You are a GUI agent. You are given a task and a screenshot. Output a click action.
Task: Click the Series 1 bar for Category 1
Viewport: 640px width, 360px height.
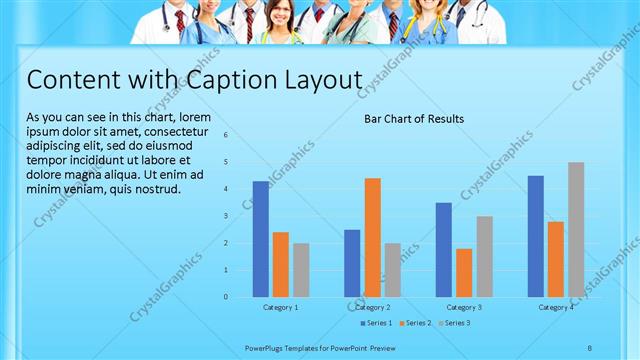point(260,239)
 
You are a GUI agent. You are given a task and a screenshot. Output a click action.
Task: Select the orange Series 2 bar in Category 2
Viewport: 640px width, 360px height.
point(372,237)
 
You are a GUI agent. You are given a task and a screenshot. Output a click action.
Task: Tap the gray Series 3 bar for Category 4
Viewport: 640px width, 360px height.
point(576,229)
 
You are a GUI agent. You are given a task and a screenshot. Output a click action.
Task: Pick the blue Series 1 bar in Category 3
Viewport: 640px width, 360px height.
point(443,250)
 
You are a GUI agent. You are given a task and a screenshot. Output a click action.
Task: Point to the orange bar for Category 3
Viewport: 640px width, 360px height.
point(464,272)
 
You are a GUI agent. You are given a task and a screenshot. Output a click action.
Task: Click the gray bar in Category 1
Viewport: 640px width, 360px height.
point(301,270)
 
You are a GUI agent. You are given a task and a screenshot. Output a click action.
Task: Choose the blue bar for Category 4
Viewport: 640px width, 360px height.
point(535,236)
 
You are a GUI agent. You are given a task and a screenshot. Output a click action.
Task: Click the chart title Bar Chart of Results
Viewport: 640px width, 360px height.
point(413,119)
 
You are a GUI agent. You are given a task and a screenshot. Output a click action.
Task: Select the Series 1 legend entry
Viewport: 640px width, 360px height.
point(376,323)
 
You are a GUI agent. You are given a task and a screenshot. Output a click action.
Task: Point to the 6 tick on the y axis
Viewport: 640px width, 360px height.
point(227,135)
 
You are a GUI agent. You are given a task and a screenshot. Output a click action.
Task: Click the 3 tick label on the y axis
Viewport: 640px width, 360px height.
point(227,216)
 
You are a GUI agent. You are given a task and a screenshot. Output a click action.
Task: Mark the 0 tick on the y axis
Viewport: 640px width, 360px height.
point(227,297)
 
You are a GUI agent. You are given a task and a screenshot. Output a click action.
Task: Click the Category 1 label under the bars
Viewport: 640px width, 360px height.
point(280,307)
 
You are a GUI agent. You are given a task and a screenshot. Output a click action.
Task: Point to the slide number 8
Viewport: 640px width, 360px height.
point(589,347)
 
